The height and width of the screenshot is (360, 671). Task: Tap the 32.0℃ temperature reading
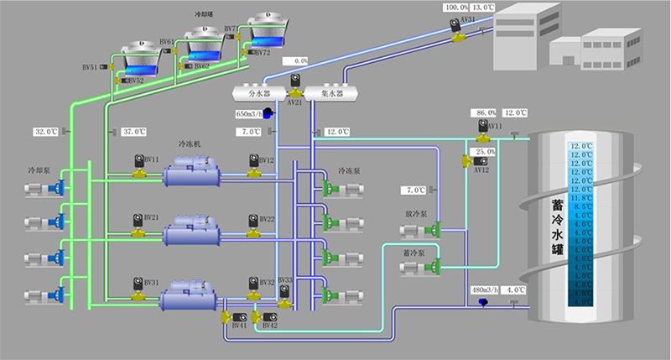point(45,132)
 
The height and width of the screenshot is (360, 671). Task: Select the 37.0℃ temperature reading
point(134,132)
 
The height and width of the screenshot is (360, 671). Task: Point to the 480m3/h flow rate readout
point(486,290)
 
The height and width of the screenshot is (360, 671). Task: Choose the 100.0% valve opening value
point(456,7)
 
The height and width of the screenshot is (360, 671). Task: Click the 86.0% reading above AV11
point(486,112)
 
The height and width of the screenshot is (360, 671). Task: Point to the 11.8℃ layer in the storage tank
point(581,197)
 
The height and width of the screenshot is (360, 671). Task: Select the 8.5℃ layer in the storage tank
point(581,206)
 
